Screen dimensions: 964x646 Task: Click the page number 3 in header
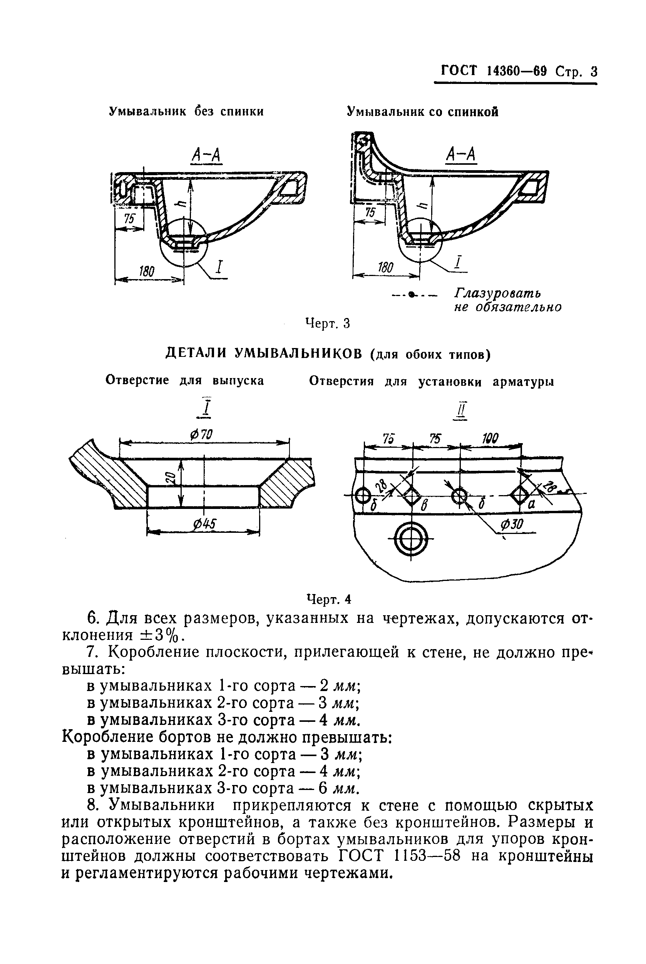coord(593,72)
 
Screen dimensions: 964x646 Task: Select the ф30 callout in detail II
coord(512,524)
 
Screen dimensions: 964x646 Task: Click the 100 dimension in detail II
coord(490,438)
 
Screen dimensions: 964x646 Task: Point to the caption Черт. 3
coord(328,323)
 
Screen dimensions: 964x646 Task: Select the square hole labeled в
coord(411,495)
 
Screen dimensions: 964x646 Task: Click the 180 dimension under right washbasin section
coord(385,268)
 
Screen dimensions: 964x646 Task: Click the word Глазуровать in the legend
coord(498,293)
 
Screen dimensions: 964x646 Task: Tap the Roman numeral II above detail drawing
coord(460,410)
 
